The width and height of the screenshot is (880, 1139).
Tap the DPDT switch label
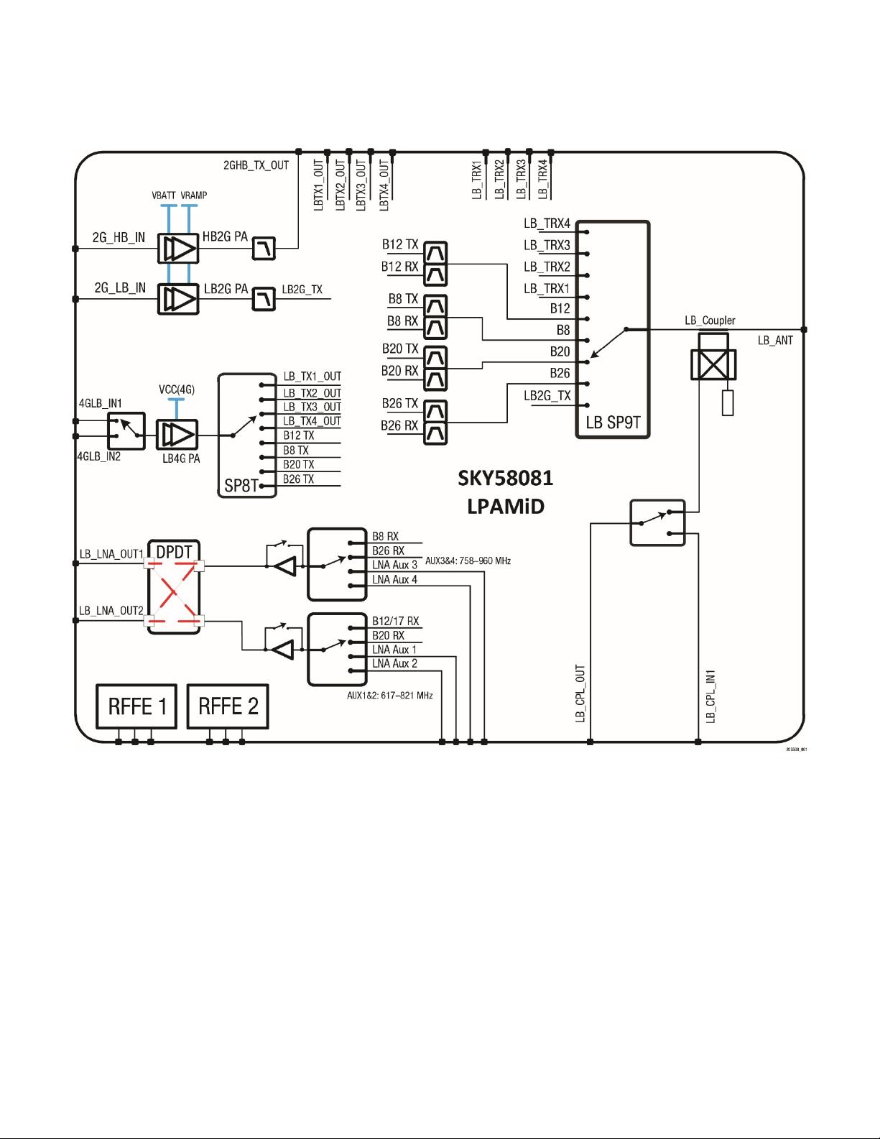[174, 552]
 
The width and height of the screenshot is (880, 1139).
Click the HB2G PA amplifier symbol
[178, 249]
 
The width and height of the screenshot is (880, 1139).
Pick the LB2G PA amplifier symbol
[178, 299]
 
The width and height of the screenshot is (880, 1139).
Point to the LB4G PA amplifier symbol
[177, 435]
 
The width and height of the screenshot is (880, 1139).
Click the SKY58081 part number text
[506, 478]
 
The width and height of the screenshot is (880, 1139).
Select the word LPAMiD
[506, 507]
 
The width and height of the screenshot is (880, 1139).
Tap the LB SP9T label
[613, 423]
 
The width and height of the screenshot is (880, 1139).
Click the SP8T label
[241, 485]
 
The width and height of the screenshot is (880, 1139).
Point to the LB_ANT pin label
[775, 340]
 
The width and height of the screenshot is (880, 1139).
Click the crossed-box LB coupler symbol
[713, 365]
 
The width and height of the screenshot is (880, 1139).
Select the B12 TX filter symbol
[435, 253]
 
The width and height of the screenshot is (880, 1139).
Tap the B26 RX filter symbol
[435, 433]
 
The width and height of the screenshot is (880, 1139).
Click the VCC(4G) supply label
[177, 389]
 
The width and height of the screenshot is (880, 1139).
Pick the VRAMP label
[194, 195]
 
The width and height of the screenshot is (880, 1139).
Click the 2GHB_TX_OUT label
[256, 165]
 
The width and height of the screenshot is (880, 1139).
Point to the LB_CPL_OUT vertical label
[580, 693]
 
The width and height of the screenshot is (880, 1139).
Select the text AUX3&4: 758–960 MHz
[468, 561]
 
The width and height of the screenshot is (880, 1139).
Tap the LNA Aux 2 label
[394, 663]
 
